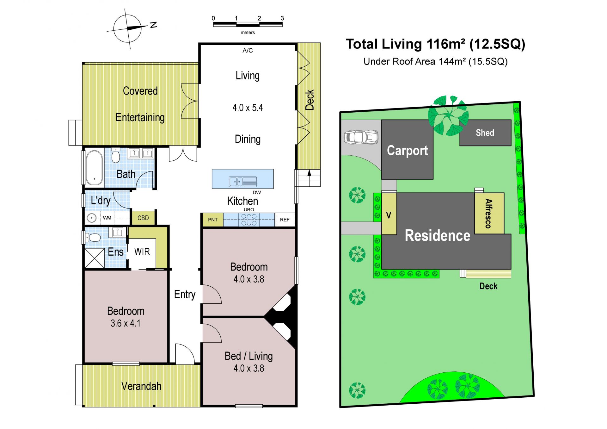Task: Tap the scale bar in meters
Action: [x=248, y=24]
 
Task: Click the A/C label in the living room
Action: [x=248, y=51]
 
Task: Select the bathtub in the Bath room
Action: [x=95, y=167]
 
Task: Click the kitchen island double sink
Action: [x=243, y=182]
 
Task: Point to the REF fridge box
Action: [x=285, y=220]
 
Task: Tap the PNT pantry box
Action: [x=213, y=220]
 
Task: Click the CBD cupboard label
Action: [x=143, y=218]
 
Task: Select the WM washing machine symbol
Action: [x=92, y=218]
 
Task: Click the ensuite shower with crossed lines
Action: [x=95, y=258]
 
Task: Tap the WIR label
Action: [x=142, y=252]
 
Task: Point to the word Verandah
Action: [x=141, y=386]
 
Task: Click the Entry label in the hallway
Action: [x=185, y=295]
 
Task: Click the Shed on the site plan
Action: [x=485, y=133]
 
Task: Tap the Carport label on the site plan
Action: [x=407, y=151]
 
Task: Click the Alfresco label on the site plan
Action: [x=489, y=214]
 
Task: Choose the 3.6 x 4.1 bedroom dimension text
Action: [x=126, y=323]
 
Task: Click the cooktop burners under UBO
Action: [x=249, y=220]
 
